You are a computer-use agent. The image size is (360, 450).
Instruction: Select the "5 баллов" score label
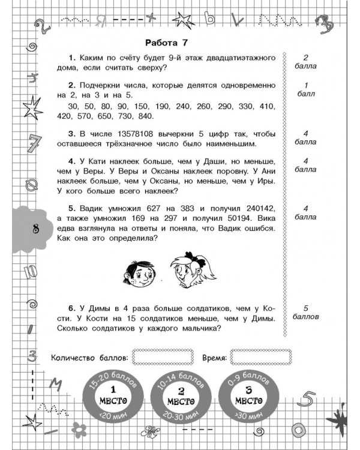click(307, 311)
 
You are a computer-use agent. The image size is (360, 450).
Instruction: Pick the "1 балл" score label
click(307, 89)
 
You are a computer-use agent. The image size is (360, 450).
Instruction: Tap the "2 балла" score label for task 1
click(307, 62)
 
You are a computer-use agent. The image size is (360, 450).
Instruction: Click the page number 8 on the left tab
click(20, 228)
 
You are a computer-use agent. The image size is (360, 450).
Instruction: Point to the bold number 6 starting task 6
click(71, 307)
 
